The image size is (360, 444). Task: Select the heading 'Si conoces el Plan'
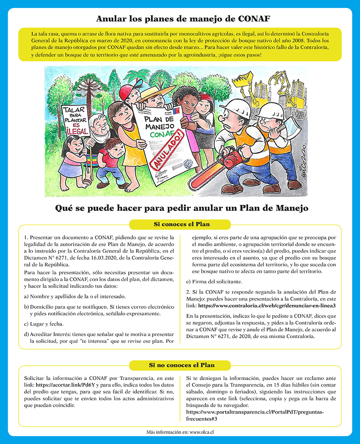pyautogui.click(x=180, y=224)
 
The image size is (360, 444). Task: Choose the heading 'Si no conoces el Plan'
pyautogui.click(x=180, y=365)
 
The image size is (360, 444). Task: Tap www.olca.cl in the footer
pyautogui.click(x=201, y=433)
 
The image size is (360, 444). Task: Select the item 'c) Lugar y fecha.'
pyautogui.click(x=47, y=324)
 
